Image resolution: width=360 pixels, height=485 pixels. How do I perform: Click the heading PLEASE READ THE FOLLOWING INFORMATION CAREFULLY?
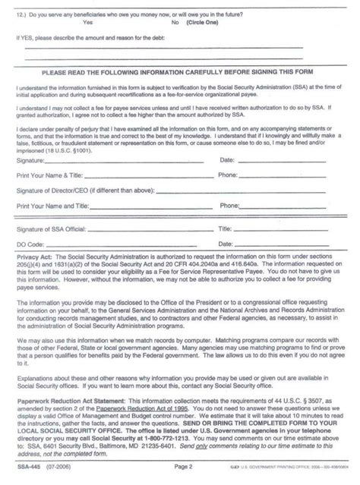click(x=180, y=73)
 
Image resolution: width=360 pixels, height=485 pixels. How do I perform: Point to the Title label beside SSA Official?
click(x=225, y=227)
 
